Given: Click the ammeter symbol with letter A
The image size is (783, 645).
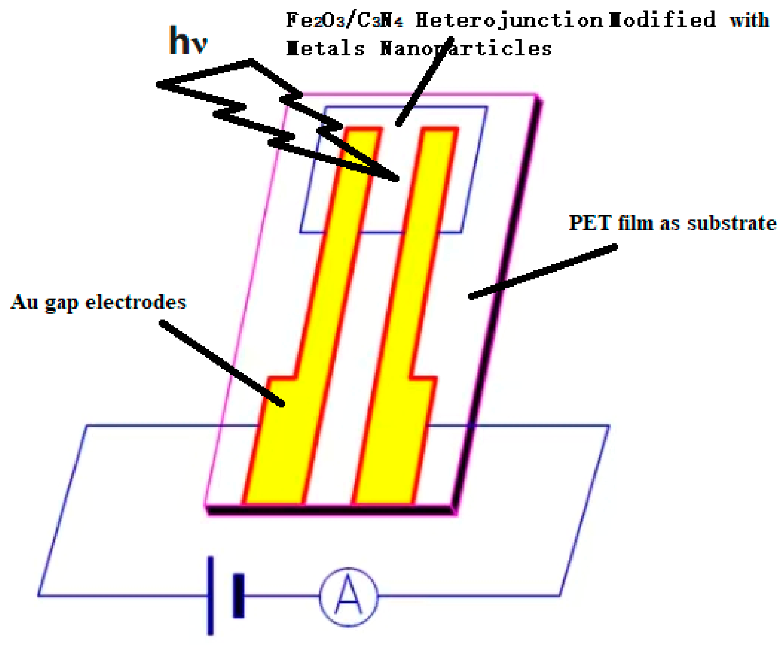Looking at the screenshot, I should (x=348, y=596).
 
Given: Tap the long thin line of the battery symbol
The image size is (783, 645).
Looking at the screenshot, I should (x=210, y=595).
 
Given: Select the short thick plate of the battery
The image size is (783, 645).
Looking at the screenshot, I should (x=238, y=596).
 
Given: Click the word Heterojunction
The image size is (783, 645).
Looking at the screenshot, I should (x=508, y=20).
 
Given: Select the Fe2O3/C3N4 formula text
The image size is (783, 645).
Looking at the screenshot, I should (x=344, y=20).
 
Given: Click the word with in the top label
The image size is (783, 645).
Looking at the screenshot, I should (x=749, y=20).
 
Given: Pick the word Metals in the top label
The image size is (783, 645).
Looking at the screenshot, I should (x=325, y=48).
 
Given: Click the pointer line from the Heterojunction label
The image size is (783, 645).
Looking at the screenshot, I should (x=423, y=83).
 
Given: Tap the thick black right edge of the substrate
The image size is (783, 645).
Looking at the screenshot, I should (x=498, y=305).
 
